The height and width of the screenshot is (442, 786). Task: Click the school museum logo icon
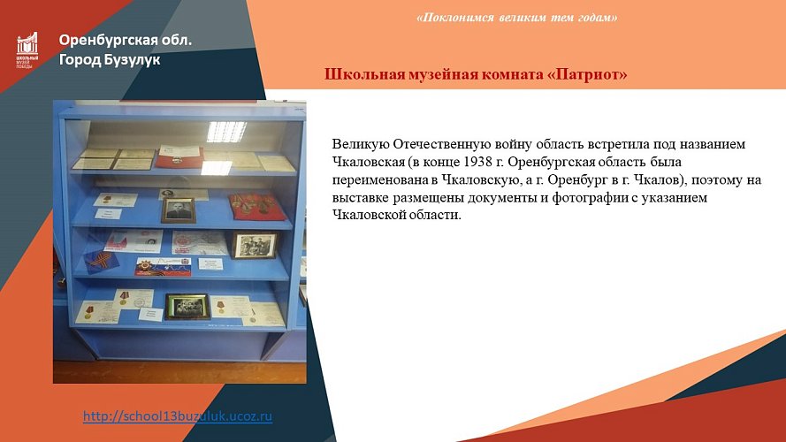27,50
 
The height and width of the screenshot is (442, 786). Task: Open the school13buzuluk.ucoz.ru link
178,415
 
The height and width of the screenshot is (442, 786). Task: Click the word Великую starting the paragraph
360,144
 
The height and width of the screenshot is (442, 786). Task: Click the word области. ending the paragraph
434,215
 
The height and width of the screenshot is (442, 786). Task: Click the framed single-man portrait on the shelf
178,210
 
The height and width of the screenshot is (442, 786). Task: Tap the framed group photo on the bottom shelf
187,306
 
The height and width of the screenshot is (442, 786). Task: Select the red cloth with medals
256,206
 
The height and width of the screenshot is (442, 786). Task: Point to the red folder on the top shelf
179,156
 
